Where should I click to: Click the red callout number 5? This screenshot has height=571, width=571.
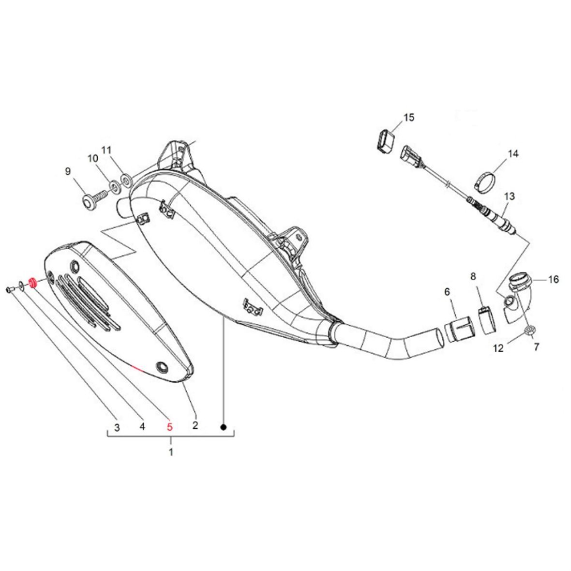pyautogui.click(x=170, y=426)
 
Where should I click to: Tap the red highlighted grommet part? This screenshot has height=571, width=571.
pyautogui.click(x=31, y=283)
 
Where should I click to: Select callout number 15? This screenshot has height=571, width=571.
pyautogui.click(x=409, y=117)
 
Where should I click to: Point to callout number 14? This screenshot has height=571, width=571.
pyautogui.click(x=513, y=154)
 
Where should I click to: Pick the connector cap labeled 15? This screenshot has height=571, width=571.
pyautogui.click(x=384, y=141)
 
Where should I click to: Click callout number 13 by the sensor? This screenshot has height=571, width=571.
pyautogui.click(x=510, y=196)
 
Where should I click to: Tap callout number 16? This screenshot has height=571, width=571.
pyautogui.click(x=553, y=279)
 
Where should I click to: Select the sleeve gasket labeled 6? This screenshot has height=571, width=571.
pyautogui.click(x=459, y=330)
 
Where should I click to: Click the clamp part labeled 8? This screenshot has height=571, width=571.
pyautogui.click(x=486, y=320)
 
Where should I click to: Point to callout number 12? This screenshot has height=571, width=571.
pyautogui.click(x=498, y=348)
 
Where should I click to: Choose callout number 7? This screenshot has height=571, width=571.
pyautogui.click(x=537, y=347)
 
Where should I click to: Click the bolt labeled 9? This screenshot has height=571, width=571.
pyautogui.click(x=94, y=199)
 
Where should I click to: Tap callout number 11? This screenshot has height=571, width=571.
pyautogui.click(x=106, y=150)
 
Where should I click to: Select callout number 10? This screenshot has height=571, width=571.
pyautogui.click(x=92, y=158)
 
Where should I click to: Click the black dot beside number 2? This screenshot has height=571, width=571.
pyautogui.click(x=224, y=427)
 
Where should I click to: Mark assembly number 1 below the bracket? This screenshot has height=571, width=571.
pyautogui.click(x=171, y=452)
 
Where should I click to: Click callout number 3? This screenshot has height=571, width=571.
pyautogui.click(x=117, y=427)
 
